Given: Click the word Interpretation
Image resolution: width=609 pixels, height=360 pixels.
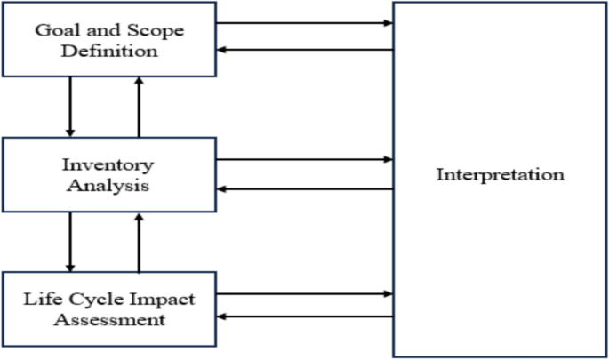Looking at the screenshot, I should [500, 174].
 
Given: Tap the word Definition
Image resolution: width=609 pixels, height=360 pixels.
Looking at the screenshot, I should [108, 51].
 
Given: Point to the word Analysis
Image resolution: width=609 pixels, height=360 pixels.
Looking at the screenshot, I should [108, 186].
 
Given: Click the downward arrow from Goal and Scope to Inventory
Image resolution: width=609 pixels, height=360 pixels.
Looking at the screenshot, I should [70, 107].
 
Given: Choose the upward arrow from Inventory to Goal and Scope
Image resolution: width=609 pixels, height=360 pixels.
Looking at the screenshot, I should [139, 107].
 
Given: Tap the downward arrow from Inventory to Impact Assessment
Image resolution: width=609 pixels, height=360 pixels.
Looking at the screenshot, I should [70, 242].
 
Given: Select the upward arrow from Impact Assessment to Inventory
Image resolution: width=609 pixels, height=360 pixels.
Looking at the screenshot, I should [139, 242].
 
